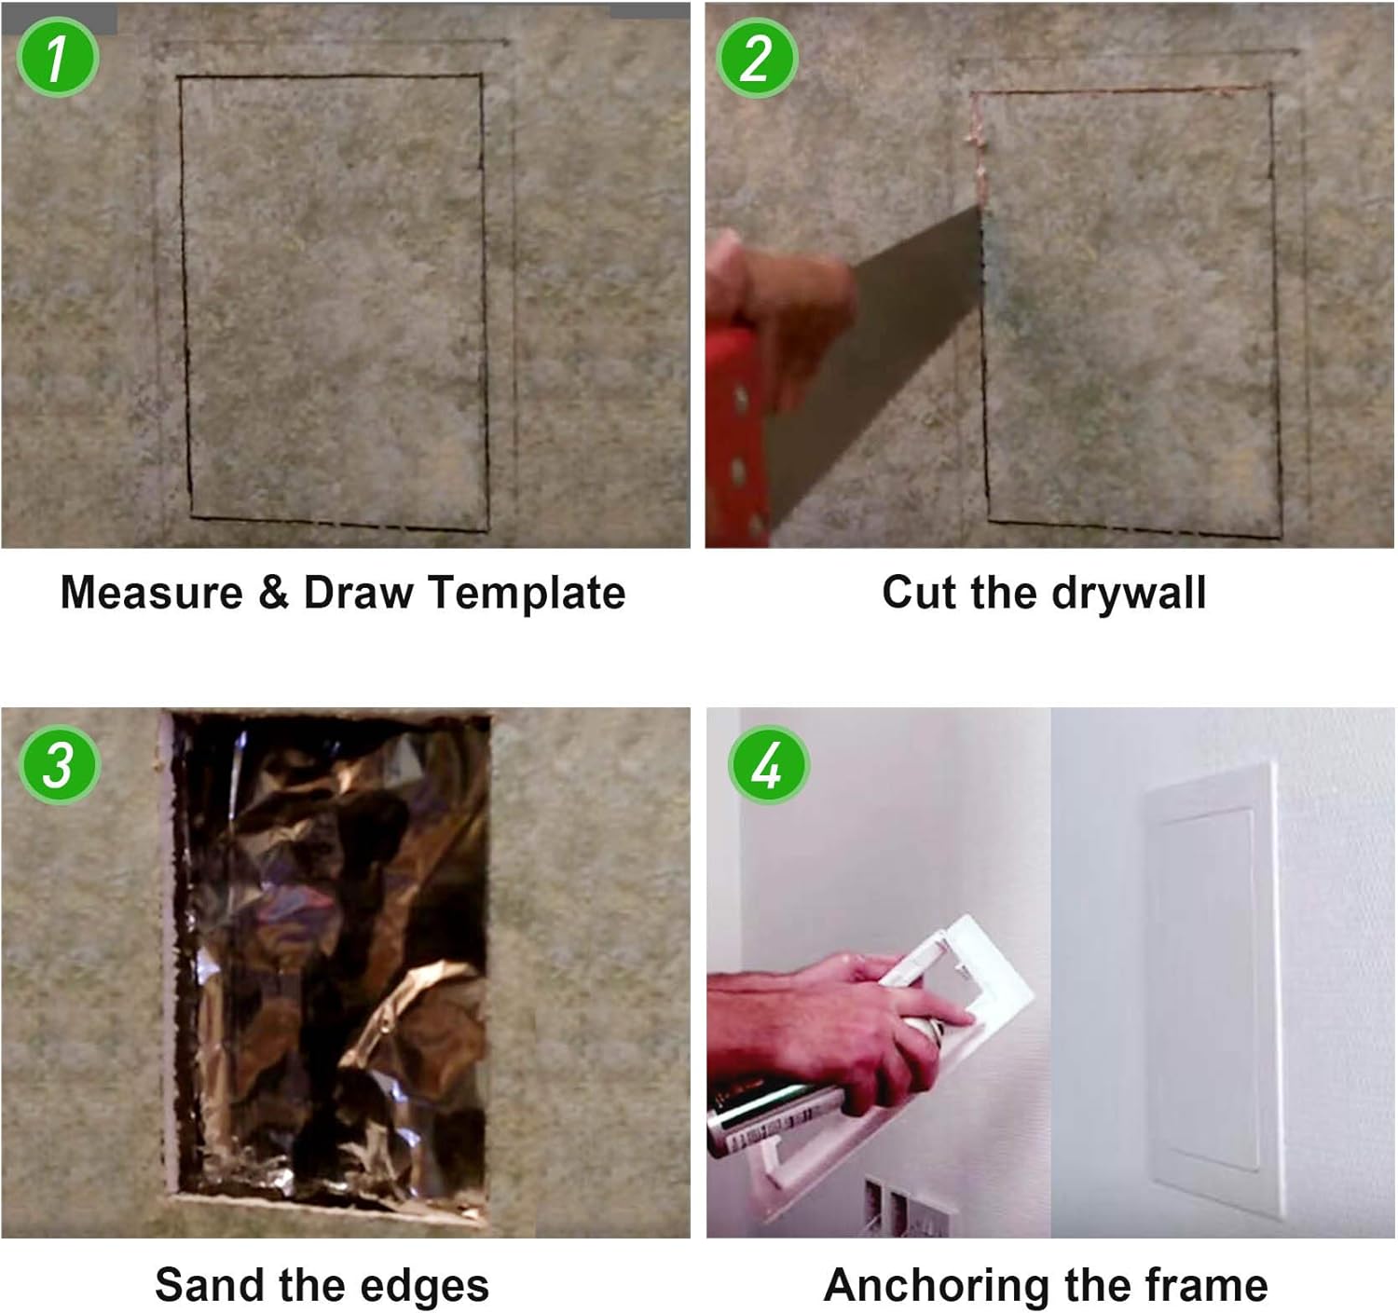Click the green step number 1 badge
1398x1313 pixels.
coord(57,57)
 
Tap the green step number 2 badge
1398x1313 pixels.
coord(757,57)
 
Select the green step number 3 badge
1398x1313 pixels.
coord(59,765)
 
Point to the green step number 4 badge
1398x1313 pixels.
coord(768,765)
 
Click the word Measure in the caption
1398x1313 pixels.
coord(151,593)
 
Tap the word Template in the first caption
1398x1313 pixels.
coord(527,593)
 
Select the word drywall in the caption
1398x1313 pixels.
coord(1129,593)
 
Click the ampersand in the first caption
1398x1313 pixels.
coord(273,593)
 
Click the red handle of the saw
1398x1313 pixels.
coord(735,436)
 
